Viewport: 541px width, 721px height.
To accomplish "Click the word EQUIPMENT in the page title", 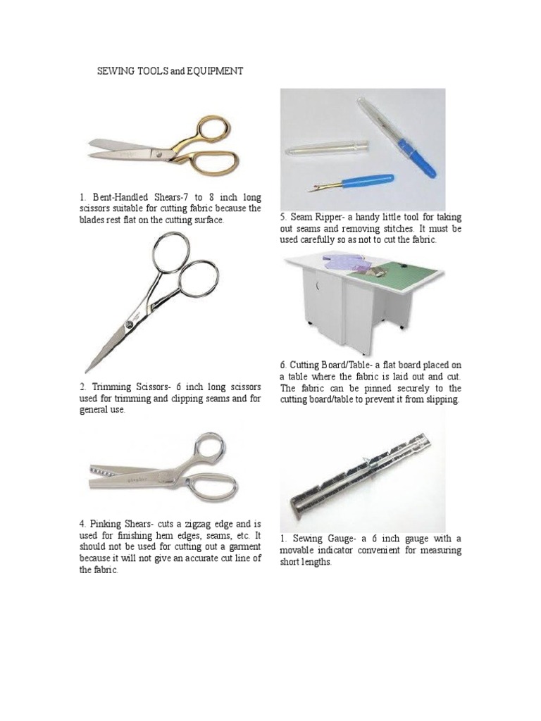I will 215,72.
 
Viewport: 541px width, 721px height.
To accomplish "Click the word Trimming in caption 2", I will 115,388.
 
